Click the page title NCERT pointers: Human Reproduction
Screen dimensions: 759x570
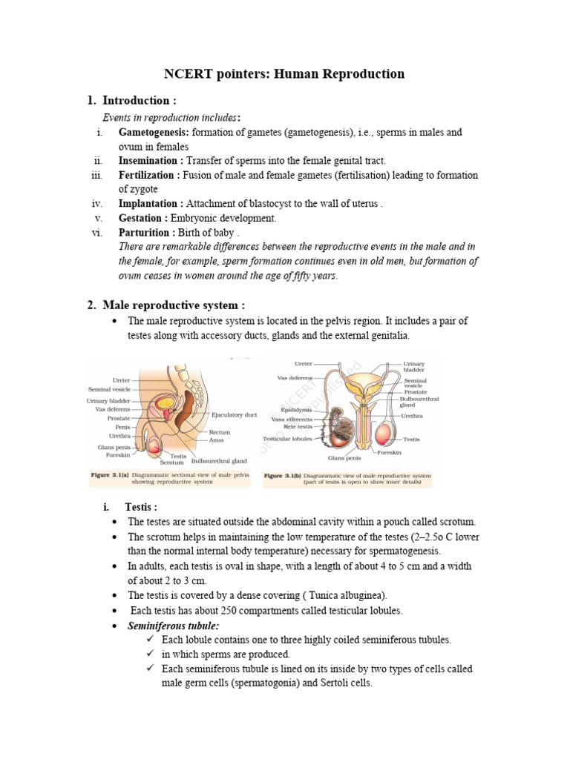click(284, 73)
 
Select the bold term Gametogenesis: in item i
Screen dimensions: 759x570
click(154, 133)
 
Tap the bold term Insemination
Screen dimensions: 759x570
click(151, 161)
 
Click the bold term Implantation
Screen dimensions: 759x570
click(151, 204)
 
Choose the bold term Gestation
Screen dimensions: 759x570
click(143, 218)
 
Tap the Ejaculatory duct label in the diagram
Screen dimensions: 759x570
click(234, 415)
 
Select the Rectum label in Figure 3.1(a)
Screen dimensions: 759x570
click(220, 432)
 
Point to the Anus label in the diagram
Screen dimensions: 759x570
click(216, 440)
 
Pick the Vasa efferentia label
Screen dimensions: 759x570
click(292, 419)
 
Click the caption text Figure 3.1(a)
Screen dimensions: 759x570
click(110, 474)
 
